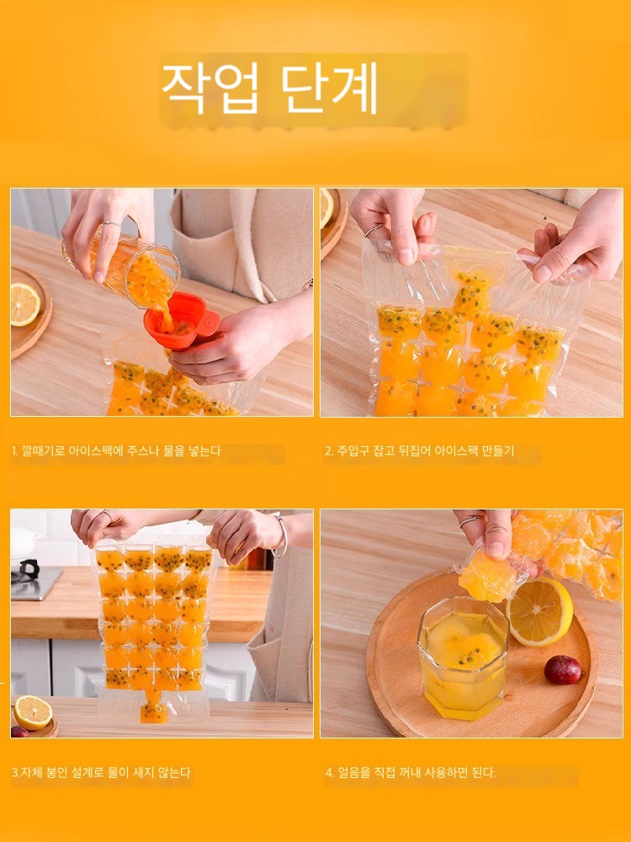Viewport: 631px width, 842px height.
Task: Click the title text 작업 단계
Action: tap(270, 88)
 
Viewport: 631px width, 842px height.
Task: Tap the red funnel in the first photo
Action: tap(181, 321)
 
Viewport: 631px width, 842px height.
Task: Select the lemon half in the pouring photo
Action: tap(24, 305)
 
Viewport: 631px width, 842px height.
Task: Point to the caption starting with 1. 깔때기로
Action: tap(116, 450)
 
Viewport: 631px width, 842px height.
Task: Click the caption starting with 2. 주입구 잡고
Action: tap(419, 450)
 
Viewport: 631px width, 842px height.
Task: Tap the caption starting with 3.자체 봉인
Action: tap(101, 772)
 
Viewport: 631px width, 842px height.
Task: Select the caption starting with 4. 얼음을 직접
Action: tap(411, 772)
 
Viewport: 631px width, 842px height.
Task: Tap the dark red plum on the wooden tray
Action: tap(562, 669)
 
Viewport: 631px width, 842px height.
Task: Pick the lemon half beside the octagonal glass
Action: tap(539, 611)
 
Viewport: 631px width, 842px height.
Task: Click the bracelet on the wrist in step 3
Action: tap(281, 536)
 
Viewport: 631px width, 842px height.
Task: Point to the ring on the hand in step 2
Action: tap(374, 230)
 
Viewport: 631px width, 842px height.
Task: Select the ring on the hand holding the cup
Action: tap(112, 223)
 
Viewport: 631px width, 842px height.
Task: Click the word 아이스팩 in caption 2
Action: tap(455, 450)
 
